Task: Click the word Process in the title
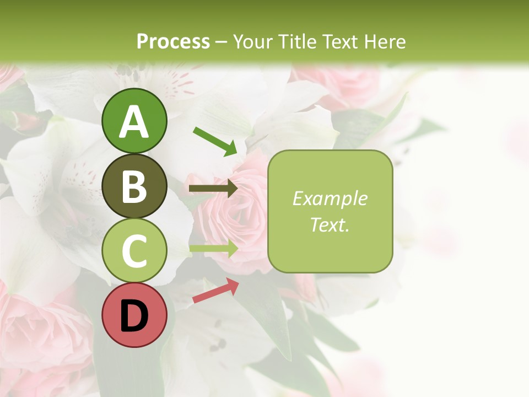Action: [x=173, y=42]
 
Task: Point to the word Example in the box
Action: [x=330, y=198]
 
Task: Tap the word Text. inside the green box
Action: [x=330, y=224]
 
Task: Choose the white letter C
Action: [x=134, y=251]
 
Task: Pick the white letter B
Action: [x=134, y=186]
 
